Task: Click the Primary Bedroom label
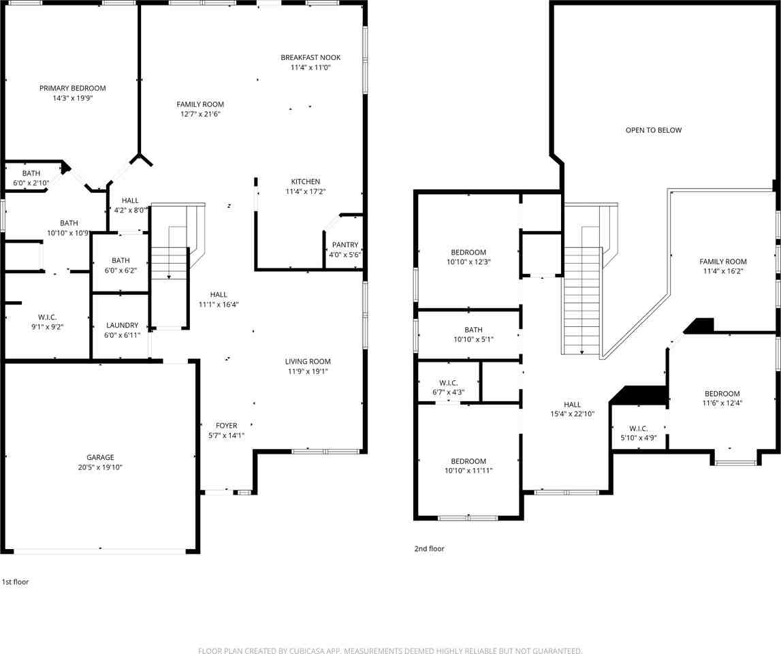(x=72, y=88)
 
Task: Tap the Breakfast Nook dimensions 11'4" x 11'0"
(x=310, y=67)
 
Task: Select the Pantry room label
(x=345, y=245)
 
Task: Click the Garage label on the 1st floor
(x=100, y=457)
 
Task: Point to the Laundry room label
(x=121, y=325)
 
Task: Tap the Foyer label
(x=227, y=425)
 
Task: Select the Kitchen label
(x=306, y=181)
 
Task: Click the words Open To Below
(x=653, y=129)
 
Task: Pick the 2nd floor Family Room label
(x=722, y=261)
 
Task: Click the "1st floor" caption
(x=15, y=582)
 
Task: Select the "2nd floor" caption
(x=429, y=548)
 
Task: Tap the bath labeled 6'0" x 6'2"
(x=121, y=260)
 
